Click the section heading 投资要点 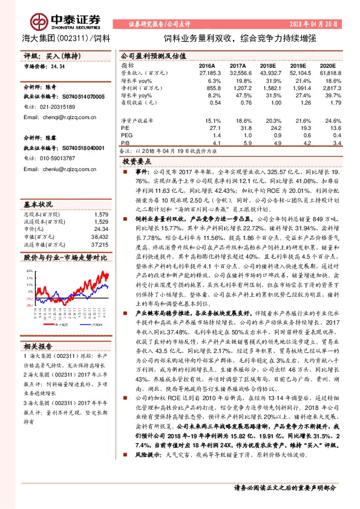[x=136, y=163]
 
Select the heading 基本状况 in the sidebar [x=39, y=187]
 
